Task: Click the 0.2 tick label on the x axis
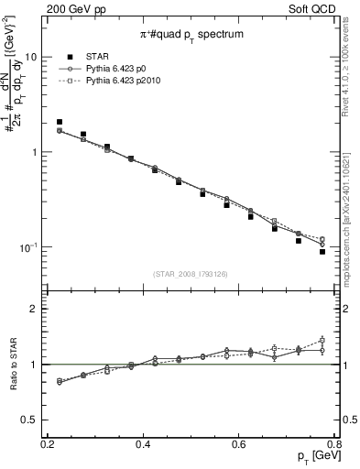(48, 443)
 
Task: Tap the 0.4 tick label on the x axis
(143, 443)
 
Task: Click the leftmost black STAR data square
(60, 122)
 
